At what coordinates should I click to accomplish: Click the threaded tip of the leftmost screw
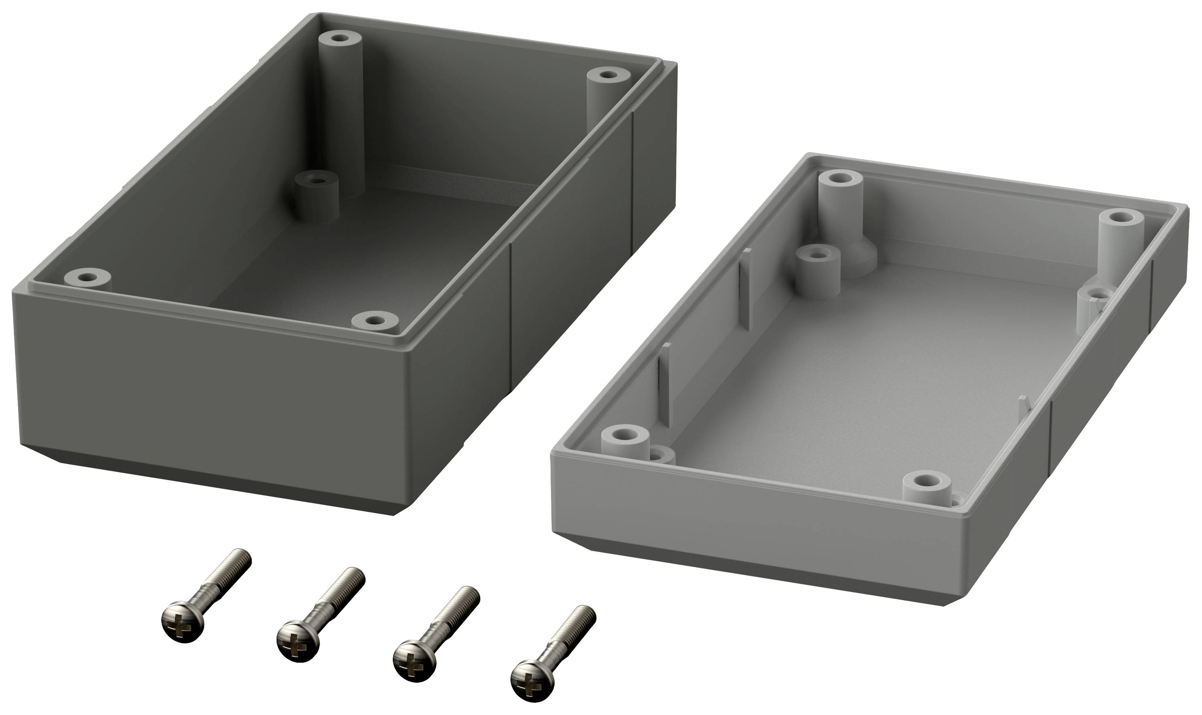[241, 559]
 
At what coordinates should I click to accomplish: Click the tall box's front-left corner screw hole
[87, 278]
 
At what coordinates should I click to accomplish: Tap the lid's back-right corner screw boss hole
[1121, 217]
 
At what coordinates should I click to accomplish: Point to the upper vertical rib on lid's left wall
[746, 289]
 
